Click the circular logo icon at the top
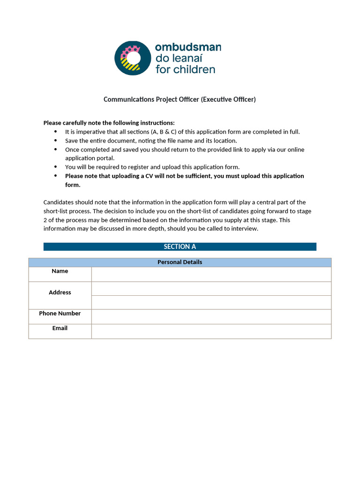(x=133, y=58)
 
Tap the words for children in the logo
(x=185, y=69)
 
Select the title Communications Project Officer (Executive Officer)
(x=180, y=99)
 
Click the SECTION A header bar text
(x=180, y=247)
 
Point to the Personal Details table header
(x=180, y=262)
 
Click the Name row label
(x=60, y=271)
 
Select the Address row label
(x=60, y=292)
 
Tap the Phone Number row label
(x=60, y=314)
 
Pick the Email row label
(x=60, y=329)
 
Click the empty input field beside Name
(x=211, y=274)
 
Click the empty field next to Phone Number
(x=211, y=316)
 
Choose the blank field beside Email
(x=211, y=331)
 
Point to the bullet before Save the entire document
(x=56, y=141)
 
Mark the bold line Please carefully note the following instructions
(x=109, y=123)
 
